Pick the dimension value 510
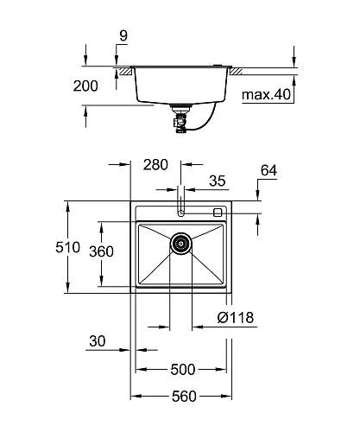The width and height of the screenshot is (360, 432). coord(50,246)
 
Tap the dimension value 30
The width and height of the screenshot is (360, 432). coord(98,342)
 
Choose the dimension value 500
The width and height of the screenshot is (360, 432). coord(182,369)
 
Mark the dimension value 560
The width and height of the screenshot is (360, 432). coord(182,397)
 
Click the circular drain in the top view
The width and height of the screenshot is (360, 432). coord(180,245)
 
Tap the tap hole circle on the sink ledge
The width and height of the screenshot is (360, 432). coord(180,212)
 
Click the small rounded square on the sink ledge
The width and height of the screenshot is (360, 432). coord(218,212)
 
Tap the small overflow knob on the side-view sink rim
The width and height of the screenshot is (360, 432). coord(220,66)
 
